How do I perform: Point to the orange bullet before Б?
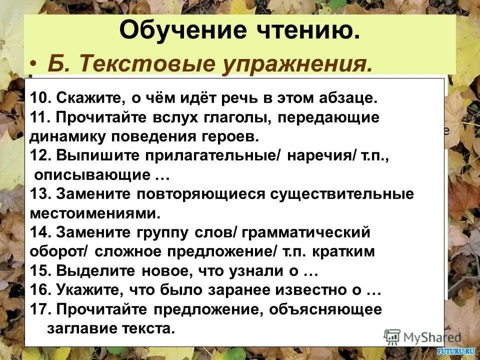pyautogui.click(x=33, y=64)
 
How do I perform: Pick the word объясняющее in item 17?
pyautogui.click(x=325, y=309)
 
